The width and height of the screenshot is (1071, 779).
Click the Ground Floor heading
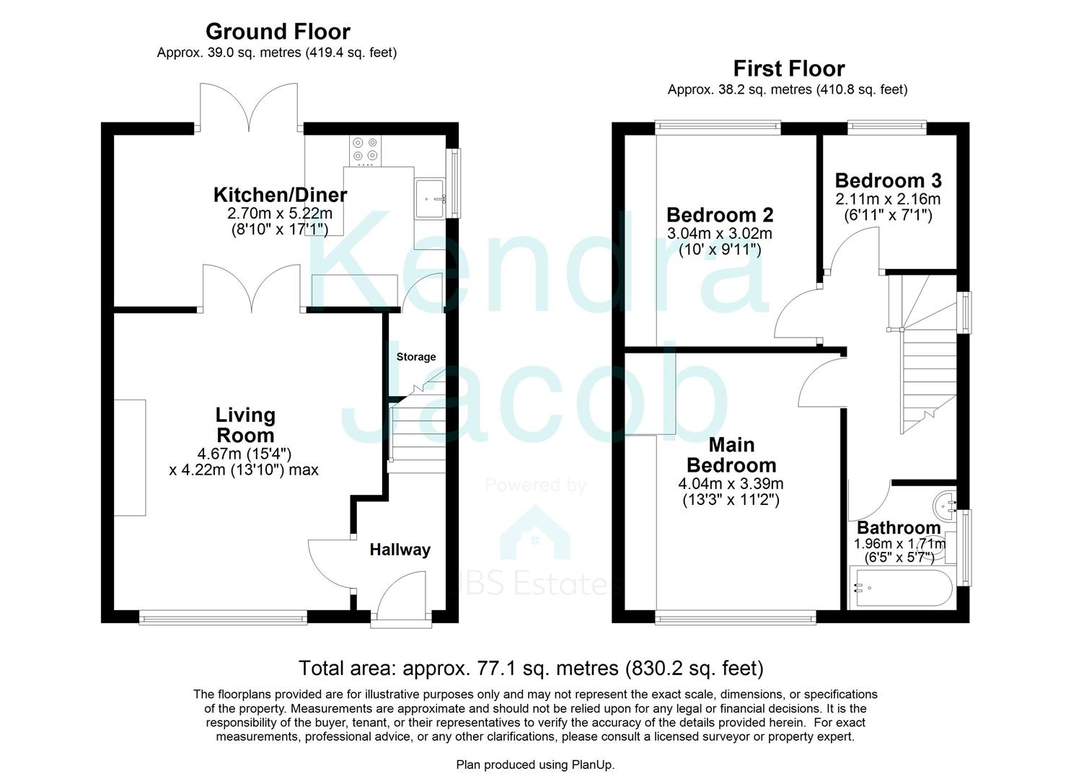click(278, 32)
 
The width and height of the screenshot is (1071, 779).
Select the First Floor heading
click(788, 69)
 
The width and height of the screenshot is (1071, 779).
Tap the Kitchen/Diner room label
click(280, 195)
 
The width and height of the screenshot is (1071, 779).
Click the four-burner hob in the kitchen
click(365, 149)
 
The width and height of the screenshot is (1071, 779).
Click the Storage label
click(416, 357)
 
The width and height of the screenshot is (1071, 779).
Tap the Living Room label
click(245, 425)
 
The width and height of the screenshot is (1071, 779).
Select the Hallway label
click(400, 550)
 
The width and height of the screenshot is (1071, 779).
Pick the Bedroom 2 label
click(720, 215)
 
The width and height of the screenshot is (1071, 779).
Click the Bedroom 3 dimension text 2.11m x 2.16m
click(888, 199)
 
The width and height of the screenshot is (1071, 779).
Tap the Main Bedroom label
click(731, 454)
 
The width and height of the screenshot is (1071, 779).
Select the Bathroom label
click(898, 528)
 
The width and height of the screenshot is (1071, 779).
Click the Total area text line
click(531, 669)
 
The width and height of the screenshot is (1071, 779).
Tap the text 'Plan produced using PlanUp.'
click(535, 765)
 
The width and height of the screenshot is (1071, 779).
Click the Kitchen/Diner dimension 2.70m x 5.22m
click(280, 214)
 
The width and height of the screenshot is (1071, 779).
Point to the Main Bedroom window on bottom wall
click(736, 617)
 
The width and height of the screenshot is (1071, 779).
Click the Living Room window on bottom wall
click(223, 617)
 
